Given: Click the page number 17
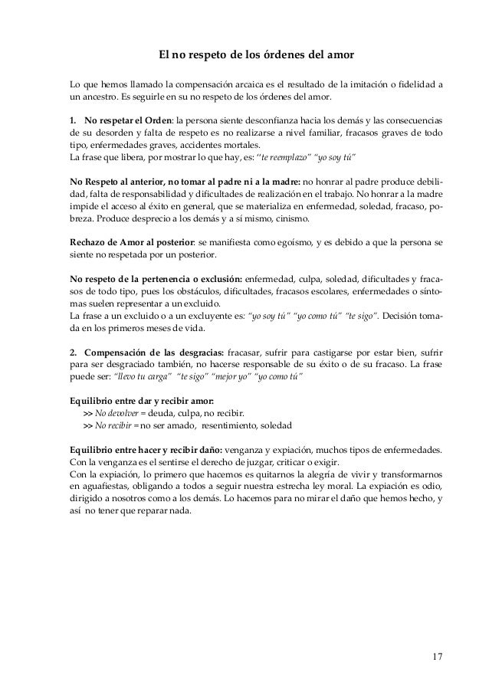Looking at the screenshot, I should click(437, 657).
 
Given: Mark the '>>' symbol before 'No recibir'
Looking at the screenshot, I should click(87, 426).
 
